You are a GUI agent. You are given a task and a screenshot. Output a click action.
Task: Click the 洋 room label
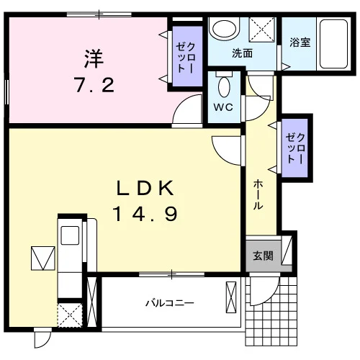coord(94,58)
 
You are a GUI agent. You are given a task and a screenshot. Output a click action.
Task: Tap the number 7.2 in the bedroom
coord(95,85)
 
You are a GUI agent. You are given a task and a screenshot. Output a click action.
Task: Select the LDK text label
coord(145,188)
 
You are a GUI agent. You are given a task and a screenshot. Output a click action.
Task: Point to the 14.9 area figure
coord(145,214)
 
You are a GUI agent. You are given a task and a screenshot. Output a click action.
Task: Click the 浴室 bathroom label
coord(300,42)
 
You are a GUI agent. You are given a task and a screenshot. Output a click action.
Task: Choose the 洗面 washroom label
coord(242,53)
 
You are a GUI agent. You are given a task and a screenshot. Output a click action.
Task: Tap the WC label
coord(223,107)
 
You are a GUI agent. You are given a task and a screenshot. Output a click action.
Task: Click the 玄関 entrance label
coord(264,256)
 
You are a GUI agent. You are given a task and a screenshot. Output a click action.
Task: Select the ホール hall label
coord(258,194)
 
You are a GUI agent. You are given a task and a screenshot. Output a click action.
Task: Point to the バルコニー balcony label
coord(170,303)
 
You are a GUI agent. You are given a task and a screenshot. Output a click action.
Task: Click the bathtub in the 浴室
coord(333,44)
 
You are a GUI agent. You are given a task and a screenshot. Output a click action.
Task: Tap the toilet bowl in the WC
coord(224,85)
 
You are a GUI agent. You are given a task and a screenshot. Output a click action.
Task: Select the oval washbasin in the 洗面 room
coord(225,29)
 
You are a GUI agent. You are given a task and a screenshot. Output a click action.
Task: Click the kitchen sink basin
coord(70,235)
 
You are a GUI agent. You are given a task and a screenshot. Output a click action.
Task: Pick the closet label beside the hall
coord(295,148)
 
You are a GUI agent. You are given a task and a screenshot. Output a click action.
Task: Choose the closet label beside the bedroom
coord(186,57)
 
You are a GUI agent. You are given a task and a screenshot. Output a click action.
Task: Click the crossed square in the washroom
coord(262,30)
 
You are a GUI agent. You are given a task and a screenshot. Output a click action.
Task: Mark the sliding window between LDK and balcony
coord(172,274)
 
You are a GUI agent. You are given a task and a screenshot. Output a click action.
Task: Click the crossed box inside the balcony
coord(231,297)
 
